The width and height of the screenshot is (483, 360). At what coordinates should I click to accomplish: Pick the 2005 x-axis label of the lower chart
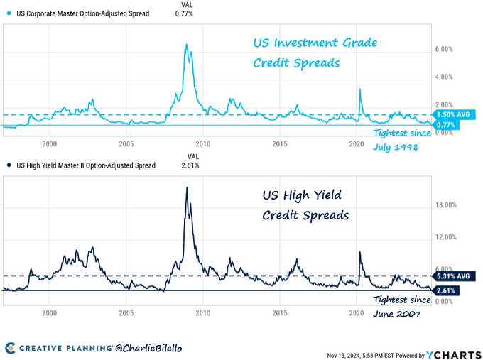pyautogui.click(x=126, y=313)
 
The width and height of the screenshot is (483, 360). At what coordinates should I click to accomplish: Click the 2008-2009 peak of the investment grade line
pyautogui.click(x=186, y=45)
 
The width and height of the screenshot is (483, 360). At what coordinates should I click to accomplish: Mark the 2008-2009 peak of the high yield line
pyautogui.click(x=187, y=187)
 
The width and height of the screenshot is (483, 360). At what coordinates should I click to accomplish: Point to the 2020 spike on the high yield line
pyautogui.click(x=359, y=252)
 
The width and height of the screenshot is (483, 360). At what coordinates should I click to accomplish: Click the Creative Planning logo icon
pyautogui.click(x=11, y=348)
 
